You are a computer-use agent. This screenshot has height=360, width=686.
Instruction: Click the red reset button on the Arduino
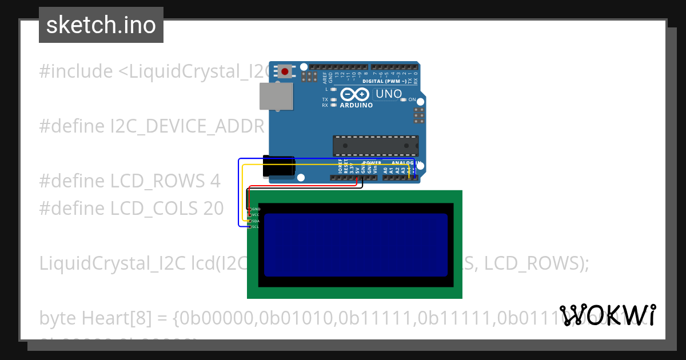pyautogui.click(x=285, y=72)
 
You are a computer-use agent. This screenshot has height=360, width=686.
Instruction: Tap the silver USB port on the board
pyautogui.click(x=276, y=96)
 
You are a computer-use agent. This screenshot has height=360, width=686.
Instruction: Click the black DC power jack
pyautogui.click(x=278, y=166)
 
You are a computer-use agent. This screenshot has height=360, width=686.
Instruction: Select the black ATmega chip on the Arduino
pyautogui.click(x=376, y=146)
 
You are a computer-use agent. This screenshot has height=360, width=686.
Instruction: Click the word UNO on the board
pyautogui.click(x=389, y=93)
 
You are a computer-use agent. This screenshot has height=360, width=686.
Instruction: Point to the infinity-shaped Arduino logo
pyautogui.click(x=355, y=94)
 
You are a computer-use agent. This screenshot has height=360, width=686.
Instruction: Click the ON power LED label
pyautogui.click(x=412, y=99)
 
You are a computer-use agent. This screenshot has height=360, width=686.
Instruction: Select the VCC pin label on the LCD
pyautogui.click(x=256, y=215)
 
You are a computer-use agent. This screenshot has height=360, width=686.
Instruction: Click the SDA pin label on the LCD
pyautogui.click(x=256, y=221)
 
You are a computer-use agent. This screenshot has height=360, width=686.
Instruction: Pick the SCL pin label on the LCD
pyautogui.click(x=256, y=226)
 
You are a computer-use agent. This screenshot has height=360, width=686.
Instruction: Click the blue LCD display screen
pyautogui.click(x=355, y=245)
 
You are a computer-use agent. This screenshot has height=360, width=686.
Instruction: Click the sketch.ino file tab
pyautogui.click(x=101, y=25)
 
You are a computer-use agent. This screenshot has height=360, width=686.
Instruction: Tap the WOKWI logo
pyautogui.click(x=607, y=315)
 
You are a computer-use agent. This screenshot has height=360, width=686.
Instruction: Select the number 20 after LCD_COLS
pyautogui.click(x=213, y=209)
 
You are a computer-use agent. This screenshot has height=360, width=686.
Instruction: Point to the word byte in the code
pyautogui.click(x=58, y=318)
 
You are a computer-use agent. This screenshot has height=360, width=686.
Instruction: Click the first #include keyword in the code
pyautogui.click(x=76, y=71)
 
